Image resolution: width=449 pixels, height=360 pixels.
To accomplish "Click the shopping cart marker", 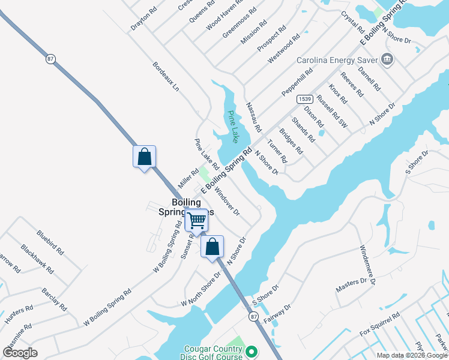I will point(197,221).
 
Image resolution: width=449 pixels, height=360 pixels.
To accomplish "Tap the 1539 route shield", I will point(304,98).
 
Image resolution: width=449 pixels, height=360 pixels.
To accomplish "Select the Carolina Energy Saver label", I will point(337,60).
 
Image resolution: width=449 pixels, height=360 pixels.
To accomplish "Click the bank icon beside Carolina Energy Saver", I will point(387,59).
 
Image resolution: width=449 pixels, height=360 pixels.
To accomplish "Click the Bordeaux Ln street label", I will point(166,76).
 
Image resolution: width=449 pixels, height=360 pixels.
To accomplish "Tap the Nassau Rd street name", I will point(254,117).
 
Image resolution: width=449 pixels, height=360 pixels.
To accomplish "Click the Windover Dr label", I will point(227,202).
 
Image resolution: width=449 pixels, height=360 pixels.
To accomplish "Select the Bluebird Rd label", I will point(49,241).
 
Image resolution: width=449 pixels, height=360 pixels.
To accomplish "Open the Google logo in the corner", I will point(20,352).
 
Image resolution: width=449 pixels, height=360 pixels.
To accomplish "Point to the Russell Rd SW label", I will point(332,111).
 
